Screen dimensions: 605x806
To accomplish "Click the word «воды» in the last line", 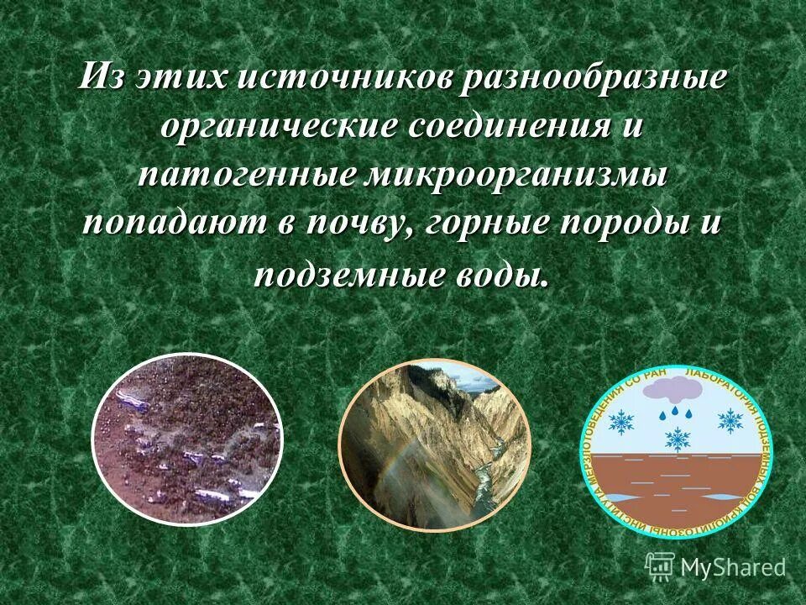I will pos(502,275).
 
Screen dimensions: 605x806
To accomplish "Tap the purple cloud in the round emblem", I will pos(677,390).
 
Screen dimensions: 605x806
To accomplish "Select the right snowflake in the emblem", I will pos(730,420).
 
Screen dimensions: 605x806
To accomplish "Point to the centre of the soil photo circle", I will pos(187,439).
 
